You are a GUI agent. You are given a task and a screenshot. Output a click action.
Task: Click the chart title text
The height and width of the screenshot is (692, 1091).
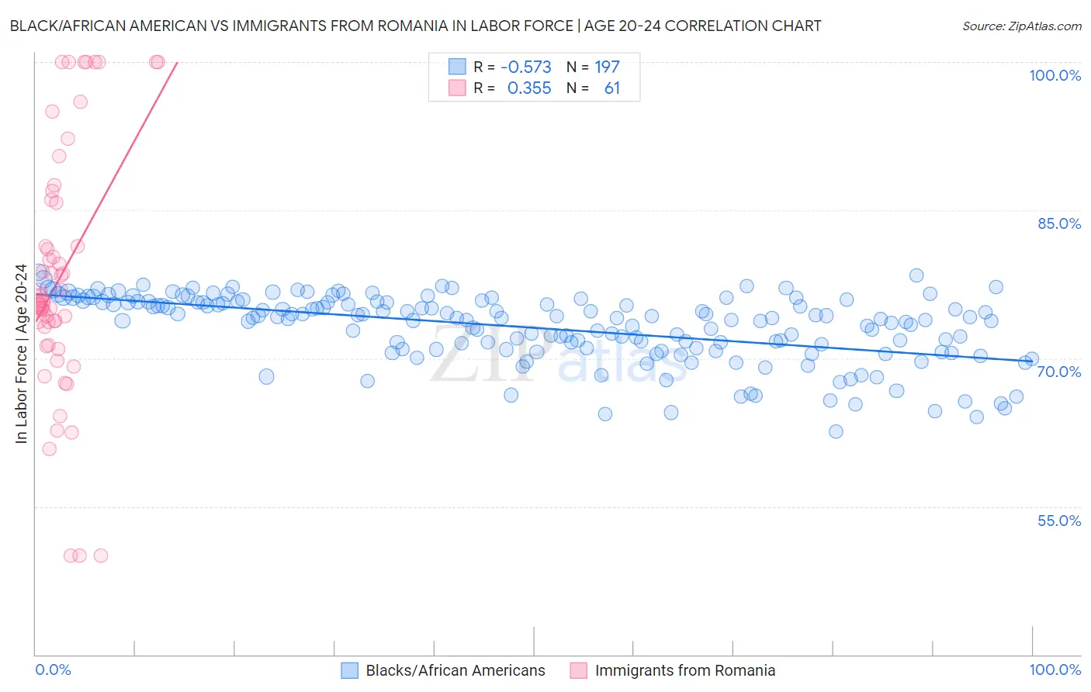pyautogui.click(x=415, y=26)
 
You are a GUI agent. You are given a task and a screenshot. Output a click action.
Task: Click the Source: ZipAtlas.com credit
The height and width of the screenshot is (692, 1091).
pyautogui.click(x=1021, y=26)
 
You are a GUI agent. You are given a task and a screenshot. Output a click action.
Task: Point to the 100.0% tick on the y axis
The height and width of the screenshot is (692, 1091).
pyautogui.click(x=1055, y=75)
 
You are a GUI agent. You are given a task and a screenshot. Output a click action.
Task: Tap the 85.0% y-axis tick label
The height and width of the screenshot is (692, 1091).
pyautogui.click(x=1059, y=223)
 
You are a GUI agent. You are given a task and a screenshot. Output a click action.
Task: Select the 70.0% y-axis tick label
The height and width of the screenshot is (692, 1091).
pyautogui.click(x=1059, y=372)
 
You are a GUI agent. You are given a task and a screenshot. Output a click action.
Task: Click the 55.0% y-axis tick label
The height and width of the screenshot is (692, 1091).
pyautogui.click(x=1059, y=521)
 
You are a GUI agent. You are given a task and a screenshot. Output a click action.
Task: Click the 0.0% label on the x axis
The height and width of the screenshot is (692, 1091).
pyautogui.click(x=53, y=670)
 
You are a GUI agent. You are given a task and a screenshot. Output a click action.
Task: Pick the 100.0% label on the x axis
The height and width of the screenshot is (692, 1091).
pyautogui.click(x=1055, y=670)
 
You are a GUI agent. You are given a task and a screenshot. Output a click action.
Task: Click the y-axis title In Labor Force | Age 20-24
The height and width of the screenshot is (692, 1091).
pyautogui.click(x=21, y=354)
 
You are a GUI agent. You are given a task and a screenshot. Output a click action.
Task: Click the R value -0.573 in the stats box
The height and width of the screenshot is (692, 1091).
pyautogui.click(x=526, y=67)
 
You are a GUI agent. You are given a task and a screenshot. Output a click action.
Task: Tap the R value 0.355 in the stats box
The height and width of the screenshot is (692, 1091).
pyautogui.click(x=529, y=88)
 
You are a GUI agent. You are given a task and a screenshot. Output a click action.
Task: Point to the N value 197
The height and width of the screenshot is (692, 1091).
pyautogui.click(x=607, y=67)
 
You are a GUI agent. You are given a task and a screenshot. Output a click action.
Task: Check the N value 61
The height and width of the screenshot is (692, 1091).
pyautogui.click(x=612, y=88)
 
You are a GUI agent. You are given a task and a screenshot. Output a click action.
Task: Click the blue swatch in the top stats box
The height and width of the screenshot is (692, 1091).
pyautogui.click(x=457, y=67)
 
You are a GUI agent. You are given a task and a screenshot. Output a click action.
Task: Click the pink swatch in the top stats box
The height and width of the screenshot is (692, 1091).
pyautogui.click(x=457, y=88)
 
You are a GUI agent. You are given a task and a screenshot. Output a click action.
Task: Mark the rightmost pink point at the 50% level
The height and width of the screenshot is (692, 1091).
pyautogui.click(x=100, y=555)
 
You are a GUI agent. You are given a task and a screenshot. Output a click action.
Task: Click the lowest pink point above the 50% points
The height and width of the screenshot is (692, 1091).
pyautogui.click(x=49, y=449)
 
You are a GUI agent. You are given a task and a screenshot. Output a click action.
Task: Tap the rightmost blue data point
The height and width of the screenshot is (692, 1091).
pyautogui.click(x=1032, y=359)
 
